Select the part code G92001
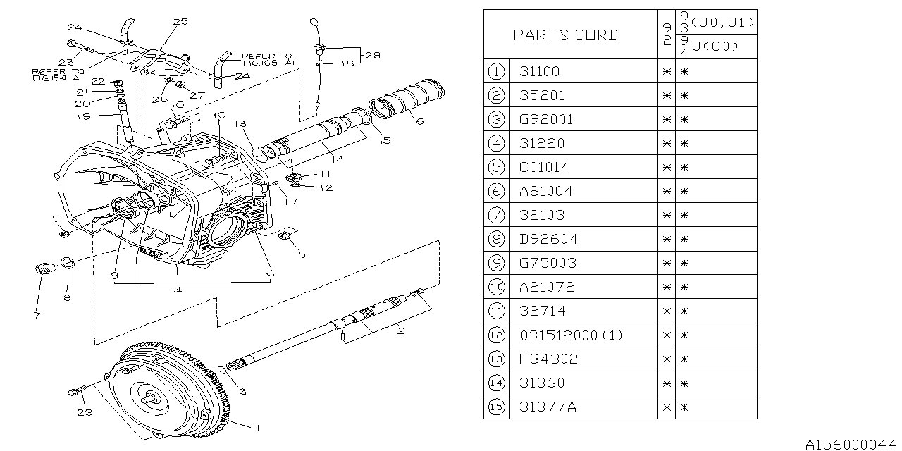click(546, 119)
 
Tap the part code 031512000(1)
click(572, 335)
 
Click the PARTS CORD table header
click(565, 35)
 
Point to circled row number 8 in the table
click(497, 239)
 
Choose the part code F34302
click(548, 359)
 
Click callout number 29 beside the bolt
click(85, 412)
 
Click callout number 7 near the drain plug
click(36, 314)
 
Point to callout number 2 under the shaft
click(400, 330)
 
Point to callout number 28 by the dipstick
click(371, 54)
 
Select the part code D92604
click(548, 239)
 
